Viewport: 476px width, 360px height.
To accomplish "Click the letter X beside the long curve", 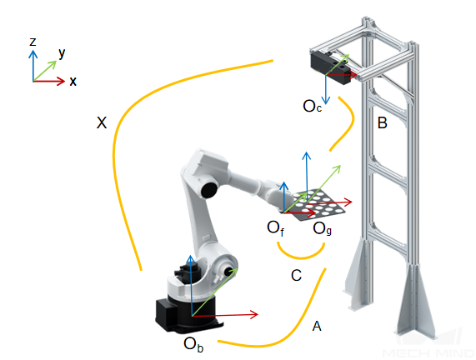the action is click(102, 123).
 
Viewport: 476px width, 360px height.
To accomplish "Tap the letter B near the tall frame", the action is click(382, 123).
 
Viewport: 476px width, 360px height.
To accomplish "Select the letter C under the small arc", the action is click(296, 276).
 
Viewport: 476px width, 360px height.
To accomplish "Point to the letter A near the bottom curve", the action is click(317, 327).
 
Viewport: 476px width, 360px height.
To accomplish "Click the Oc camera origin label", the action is click(312, 106).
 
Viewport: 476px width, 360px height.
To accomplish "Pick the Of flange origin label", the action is click(276, 227).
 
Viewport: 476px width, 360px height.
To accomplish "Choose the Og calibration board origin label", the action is click(322, 228).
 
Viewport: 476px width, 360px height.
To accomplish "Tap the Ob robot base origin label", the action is click(193, 344).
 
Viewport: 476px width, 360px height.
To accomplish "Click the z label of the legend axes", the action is click(33, 42).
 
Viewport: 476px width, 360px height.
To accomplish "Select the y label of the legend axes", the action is click(62, 53).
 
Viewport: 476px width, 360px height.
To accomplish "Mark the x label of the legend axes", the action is click(73, 82).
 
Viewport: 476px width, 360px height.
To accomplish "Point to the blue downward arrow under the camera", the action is click(326, 89).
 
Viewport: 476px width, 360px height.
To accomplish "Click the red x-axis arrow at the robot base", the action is click(225, 315).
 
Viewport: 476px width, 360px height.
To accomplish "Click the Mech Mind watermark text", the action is click(428, 352).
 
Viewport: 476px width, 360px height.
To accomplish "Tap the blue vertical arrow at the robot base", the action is click(191, 286).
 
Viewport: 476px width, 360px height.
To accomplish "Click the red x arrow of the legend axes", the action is click(49, 81).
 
